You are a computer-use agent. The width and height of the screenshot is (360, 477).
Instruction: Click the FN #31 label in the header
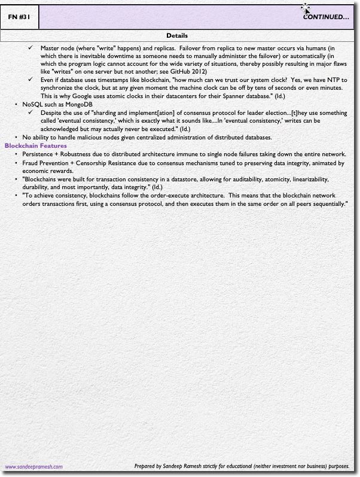tap(19, 17)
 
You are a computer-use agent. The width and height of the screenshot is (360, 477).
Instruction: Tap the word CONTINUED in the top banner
tap(322, 17)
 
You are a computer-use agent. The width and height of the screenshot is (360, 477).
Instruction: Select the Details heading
tap(177, 35)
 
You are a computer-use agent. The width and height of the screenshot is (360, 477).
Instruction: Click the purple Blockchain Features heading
tap(35, 145)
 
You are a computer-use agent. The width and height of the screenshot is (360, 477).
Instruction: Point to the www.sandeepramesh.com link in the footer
tap(33, 467)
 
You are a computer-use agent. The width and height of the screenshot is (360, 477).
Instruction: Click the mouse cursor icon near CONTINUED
tap(307, 9)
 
